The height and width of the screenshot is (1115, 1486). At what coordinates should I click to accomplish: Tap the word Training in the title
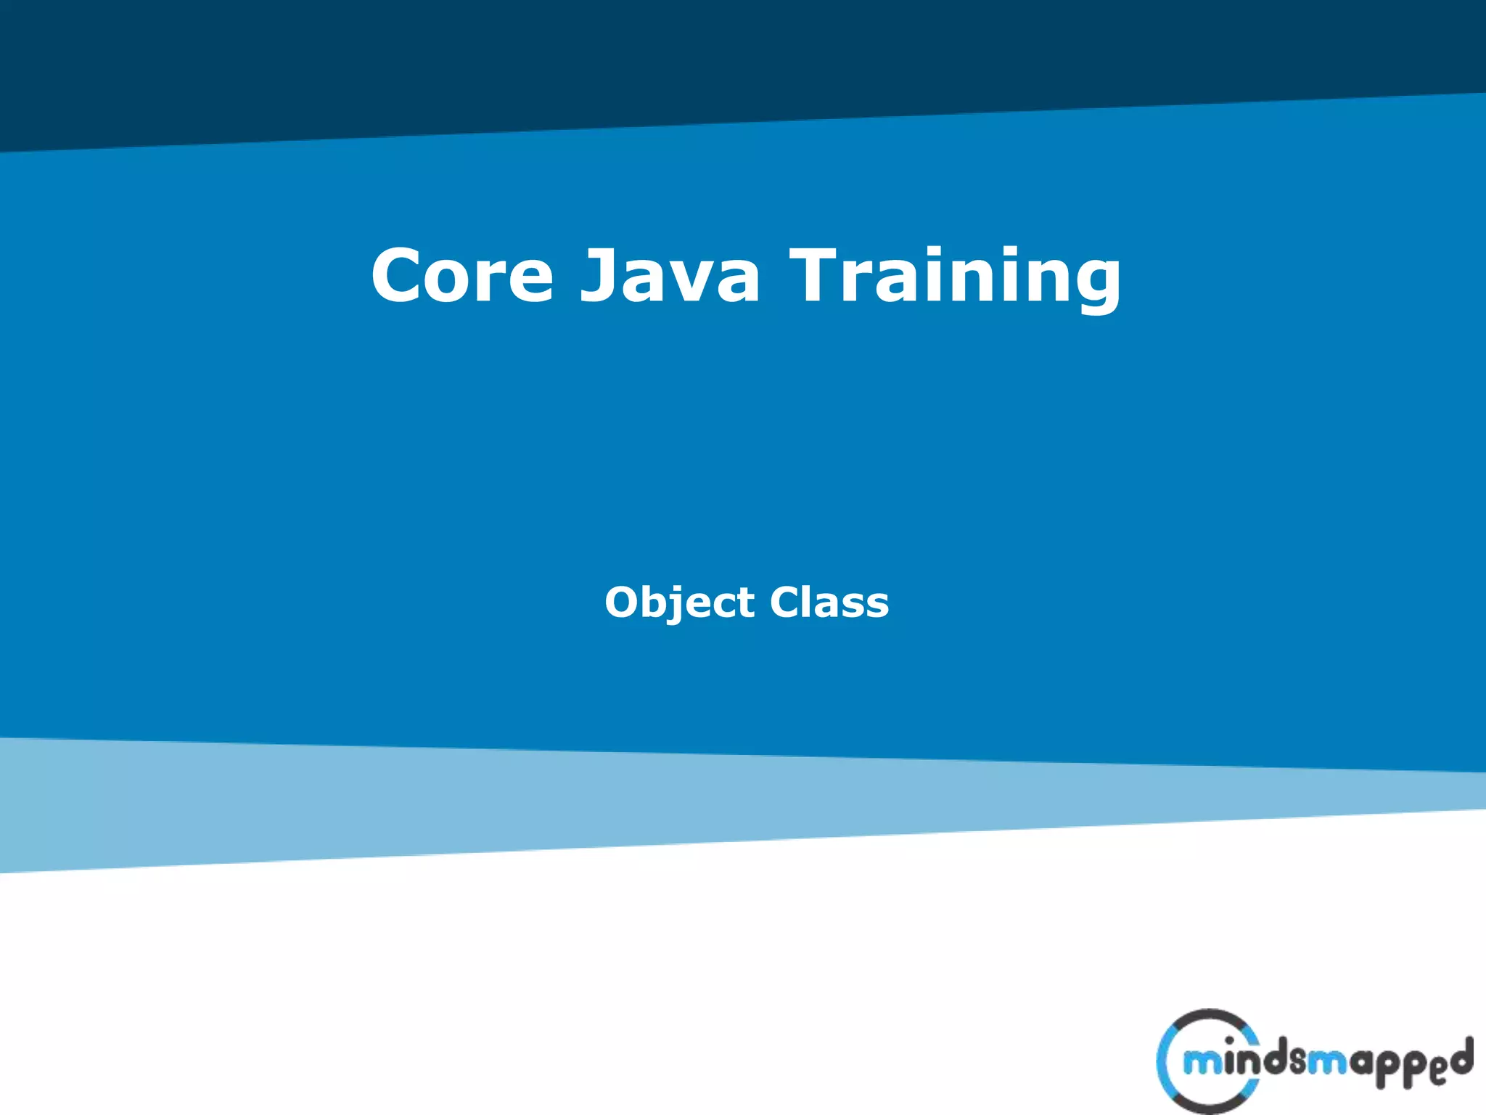(956, 277)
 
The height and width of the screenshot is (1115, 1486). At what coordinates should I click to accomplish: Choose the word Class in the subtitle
(829, 603)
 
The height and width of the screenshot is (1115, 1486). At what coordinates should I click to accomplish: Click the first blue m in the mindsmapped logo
(1202, 1063)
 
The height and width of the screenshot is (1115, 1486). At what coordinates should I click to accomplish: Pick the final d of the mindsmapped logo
(1462, 1057)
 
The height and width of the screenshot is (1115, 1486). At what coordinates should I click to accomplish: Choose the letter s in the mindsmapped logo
(1298, 1064)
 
